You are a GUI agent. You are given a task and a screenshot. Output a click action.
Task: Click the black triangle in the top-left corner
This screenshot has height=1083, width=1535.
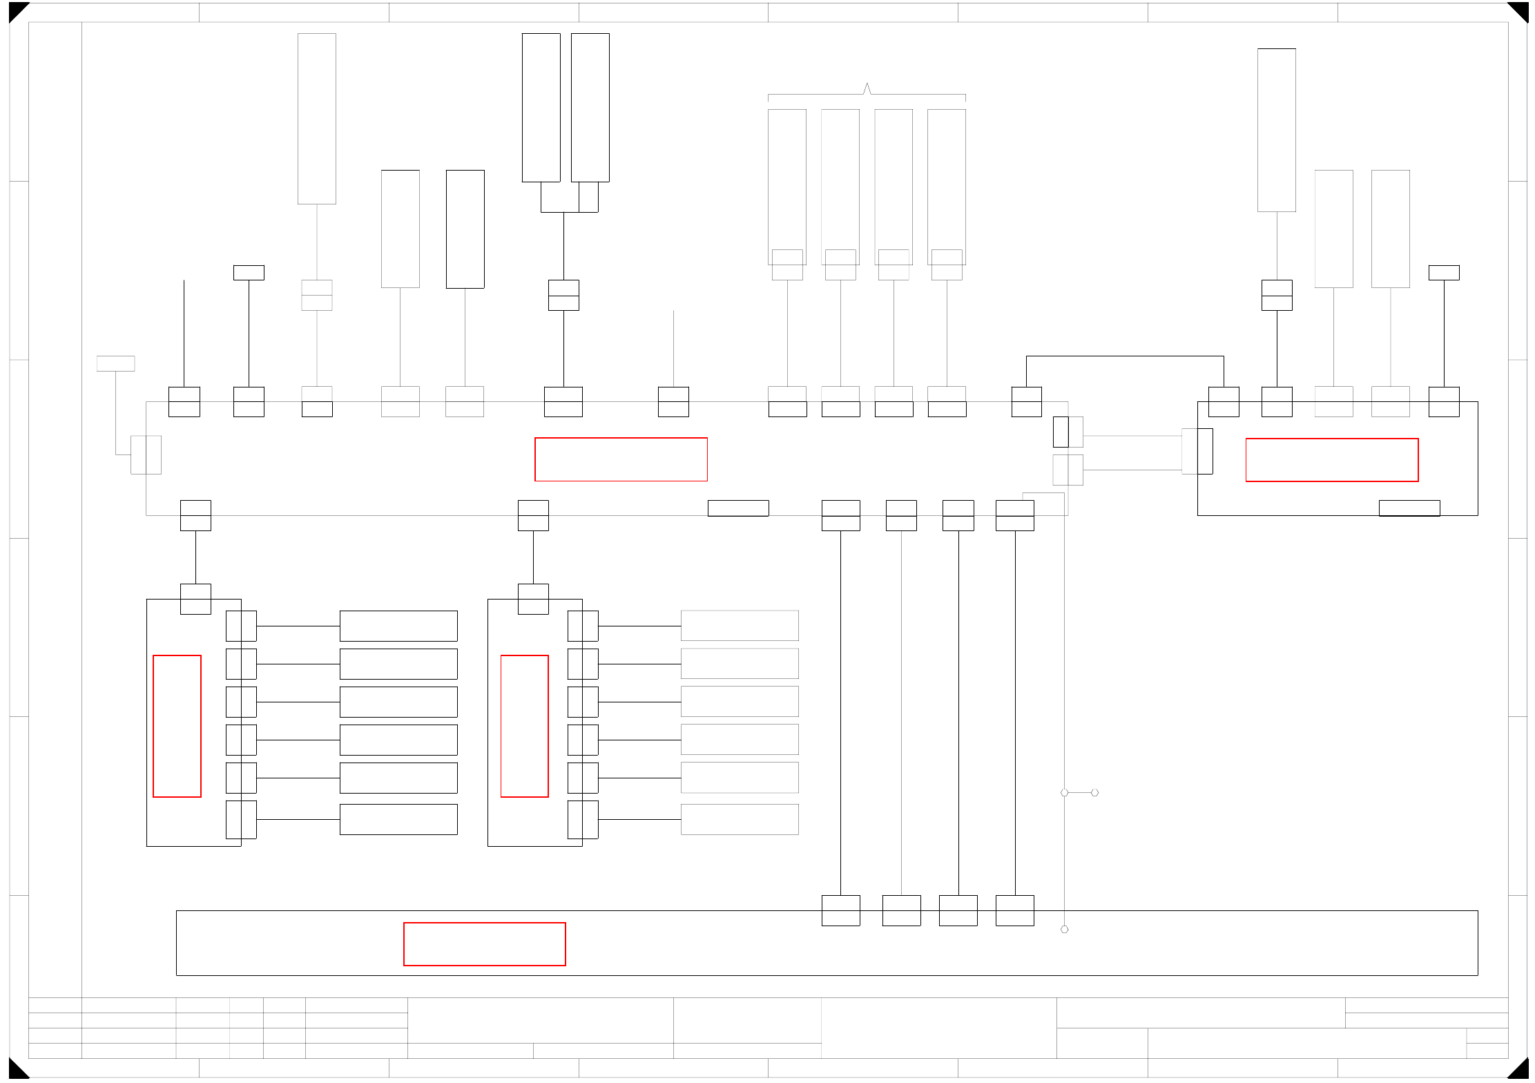point(16,10)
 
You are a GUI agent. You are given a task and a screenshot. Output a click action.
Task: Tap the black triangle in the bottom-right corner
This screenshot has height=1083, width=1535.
point(1520,1070)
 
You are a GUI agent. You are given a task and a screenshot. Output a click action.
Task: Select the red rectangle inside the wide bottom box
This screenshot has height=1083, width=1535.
point(484,943)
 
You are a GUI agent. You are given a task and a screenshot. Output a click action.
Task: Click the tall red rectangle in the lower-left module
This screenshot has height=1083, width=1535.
point(177,726)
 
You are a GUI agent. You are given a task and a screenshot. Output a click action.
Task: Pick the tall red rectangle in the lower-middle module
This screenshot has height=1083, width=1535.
point(524,726)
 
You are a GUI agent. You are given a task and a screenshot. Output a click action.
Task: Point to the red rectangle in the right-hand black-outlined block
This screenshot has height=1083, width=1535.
point(1331,459)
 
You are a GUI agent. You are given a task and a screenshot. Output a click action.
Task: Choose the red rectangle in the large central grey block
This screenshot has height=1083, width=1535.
point(621,459)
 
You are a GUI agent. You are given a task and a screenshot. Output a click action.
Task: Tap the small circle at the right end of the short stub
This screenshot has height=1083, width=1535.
point(1094,793)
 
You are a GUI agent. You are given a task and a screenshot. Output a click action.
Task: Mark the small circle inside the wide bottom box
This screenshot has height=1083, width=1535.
point(1064,929)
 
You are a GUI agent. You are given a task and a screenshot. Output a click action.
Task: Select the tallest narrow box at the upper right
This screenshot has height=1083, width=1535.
point(1276,130)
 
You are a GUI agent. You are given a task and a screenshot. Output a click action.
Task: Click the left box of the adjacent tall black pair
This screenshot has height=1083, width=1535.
point(541,108)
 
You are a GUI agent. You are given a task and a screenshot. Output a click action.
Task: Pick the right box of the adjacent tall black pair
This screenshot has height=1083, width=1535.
point(590,108)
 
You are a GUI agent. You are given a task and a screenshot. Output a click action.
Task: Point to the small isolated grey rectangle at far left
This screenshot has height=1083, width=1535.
point(115,363)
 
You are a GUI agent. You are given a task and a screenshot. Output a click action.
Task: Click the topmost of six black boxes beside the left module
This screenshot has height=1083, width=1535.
point(398,626)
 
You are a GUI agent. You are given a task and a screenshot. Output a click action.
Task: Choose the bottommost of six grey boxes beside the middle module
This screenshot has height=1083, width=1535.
point(740,819)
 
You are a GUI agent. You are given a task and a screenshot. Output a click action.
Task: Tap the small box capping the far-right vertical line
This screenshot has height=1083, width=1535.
point(1443,273)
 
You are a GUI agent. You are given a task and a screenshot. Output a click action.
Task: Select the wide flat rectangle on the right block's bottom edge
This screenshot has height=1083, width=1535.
point(1409,508)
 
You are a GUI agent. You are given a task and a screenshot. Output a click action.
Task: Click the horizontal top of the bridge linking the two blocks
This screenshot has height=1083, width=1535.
point(1125,356)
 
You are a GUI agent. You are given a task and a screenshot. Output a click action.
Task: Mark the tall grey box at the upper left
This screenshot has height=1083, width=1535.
point(317,119)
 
